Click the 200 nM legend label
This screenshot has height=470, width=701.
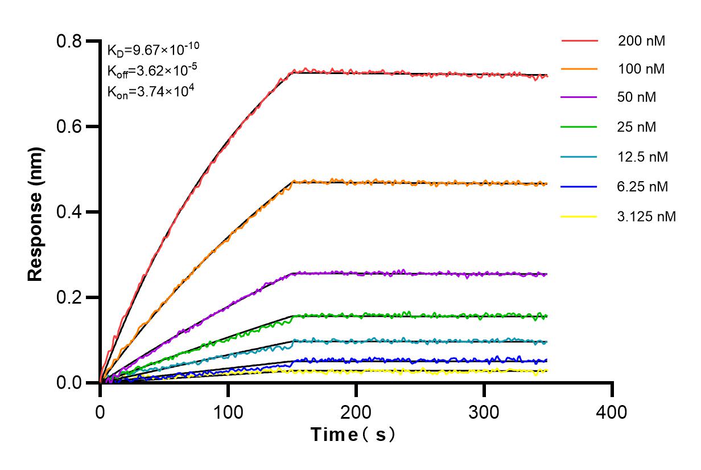pyautogui.click(x=642, y=41)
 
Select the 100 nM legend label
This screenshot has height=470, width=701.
pyautogui.click(x=642, y=69)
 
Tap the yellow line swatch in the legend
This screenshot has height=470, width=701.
pyautogui.click(x=579, y=216)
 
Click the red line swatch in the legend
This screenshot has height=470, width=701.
pyautogui.click(x=579, y=41)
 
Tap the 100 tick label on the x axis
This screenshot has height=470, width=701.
pyautogui.click(x=228, y=411)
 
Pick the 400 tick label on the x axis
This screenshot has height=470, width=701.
pyautogui.click(x=612, y=411)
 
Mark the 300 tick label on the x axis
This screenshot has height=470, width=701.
pyautogui.click(x=484, y=411)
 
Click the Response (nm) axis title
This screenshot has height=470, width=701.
pyautogui.click(x=36, y=212)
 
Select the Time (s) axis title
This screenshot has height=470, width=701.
pyautogui.click(x=353, y=435)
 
